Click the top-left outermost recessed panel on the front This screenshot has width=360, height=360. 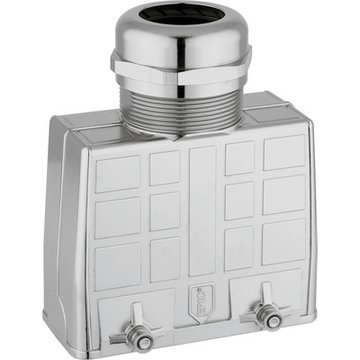pyautogui.click(x=118, y=173)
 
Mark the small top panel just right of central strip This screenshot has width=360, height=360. pyautogui.click(x=240, y=157)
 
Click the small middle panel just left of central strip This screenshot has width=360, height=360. pyautogui.click(x=164, y=211)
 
